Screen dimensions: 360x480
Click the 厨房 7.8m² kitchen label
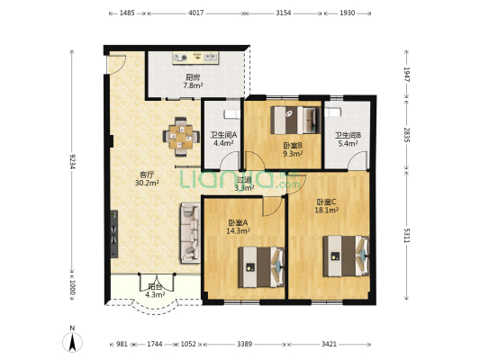click(194, 82)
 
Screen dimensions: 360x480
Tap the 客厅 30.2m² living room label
click(147, 178)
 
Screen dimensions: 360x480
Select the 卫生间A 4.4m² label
click(222, 139)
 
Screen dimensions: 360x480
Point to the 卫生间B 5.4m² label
click(348, 139)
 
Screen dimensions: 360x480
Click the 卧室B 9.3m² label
click(292, 149)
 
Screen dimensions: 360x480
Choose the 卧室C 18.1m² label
click(327, 206)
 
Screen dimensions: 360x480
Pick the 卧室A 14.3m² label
click(239, 227)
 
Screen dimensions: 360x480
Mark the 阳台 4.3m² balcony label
click(155, 292)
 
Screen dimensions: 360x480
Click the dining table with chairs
click(181, 135)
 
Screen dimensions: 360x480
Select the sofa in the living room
click(190, 232)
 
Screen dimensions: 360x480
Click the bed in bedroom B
click(296, 119)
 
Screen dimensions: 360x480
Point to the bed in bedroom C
click(347, 255)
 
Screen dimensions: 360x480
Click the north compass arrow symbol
click(73, 342)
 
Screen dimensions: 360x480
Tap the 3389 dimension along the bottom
click(244, 345)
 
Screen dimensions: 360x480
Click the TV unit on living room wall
click(113, 235)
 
